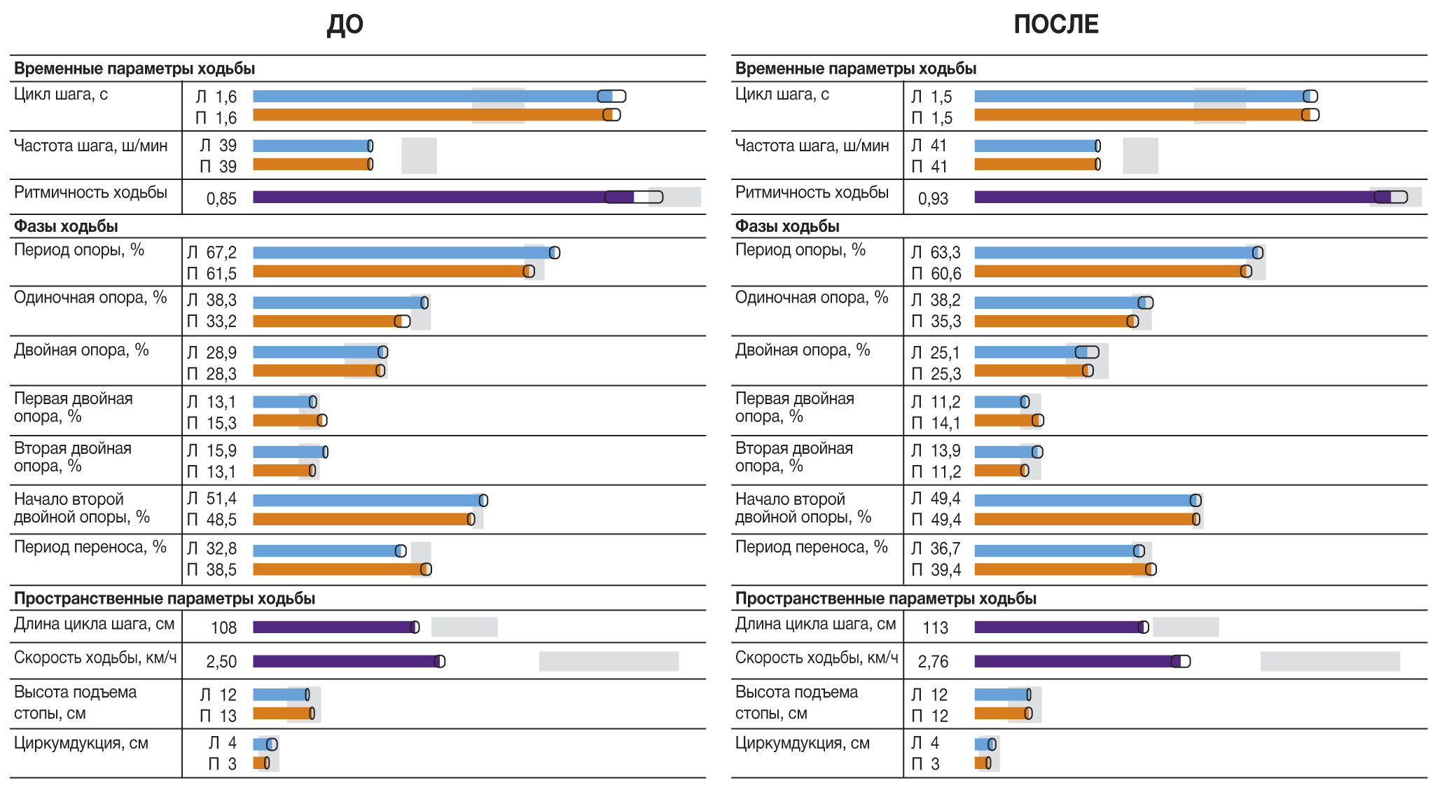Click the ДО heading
pyautogui.click(x=345, y=25)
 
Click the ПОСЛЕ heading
pyautogui.click(x=1055, y=25)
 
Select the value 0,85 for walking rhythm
pyautogui.click(x=221, y=199)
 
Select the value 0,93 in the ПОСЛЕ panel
pyautogui.click(x=933, y=199)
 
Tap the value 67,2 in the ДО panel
pyautogui.click(x=221, y=253)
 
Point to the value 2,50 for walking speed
pyautogui.click(x=221, y=662)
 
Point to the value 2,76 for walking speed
pyautogui.click(x=933, y=662)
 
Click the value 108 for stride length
pyautogui.click(x=224, y=628)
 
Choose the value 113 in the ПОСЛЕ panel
pyautogui.click(x=936, y=628)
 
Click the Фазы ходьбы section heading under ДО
pyautogui.click(x=66, y=227)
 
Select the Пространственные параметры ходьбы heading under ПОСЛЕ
pyautogui.click(x=885, y=599)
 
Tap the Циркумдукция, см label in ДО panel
pyautogui.click(x=81, y=743)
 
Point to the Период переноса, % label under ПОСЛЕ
pyautogui.click(x=811, y=547)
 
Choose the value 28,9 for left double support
pyautogui.click(x=221, y=353)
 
